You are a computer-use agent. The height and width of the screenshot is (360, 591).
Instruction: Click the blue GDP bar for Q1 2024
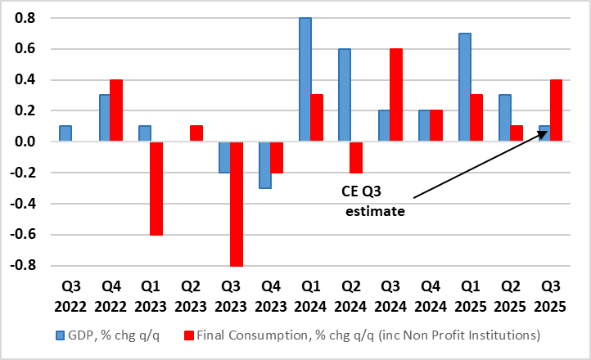point(305,80)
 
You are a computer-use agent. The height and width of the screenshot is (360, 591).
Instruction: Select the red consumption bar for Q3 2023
point(236,204)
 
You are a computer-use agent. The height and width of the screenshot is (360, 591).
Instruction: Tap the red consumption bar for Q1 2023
point(156,188)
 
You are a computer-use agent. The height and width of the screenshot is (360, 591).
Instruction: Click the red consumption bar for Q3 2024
point(395,95)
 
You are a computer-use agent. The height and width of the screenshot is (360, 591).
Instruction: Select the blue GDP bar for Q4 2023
point(264,164)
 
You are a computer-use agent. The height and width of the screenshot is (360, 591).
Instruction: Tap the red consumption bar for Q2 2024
point(356,157)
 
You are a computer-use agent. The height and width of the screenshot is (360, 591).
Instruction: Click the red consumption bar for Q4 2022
point(116,110)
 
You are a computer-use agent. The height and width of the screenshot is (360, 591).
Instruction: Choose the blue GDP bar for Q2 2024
point(344,95)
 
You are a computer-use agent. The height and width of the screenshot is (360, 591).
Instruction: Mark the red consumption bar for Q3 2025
point(555,110)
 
